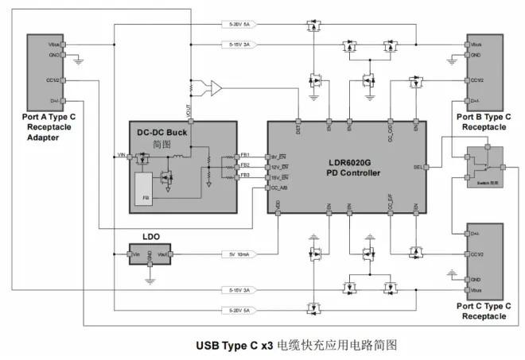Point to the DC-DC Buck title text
point(162,132)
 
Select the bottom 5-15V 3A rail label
point(239,292)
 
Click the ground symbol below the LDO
point(150,280)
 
